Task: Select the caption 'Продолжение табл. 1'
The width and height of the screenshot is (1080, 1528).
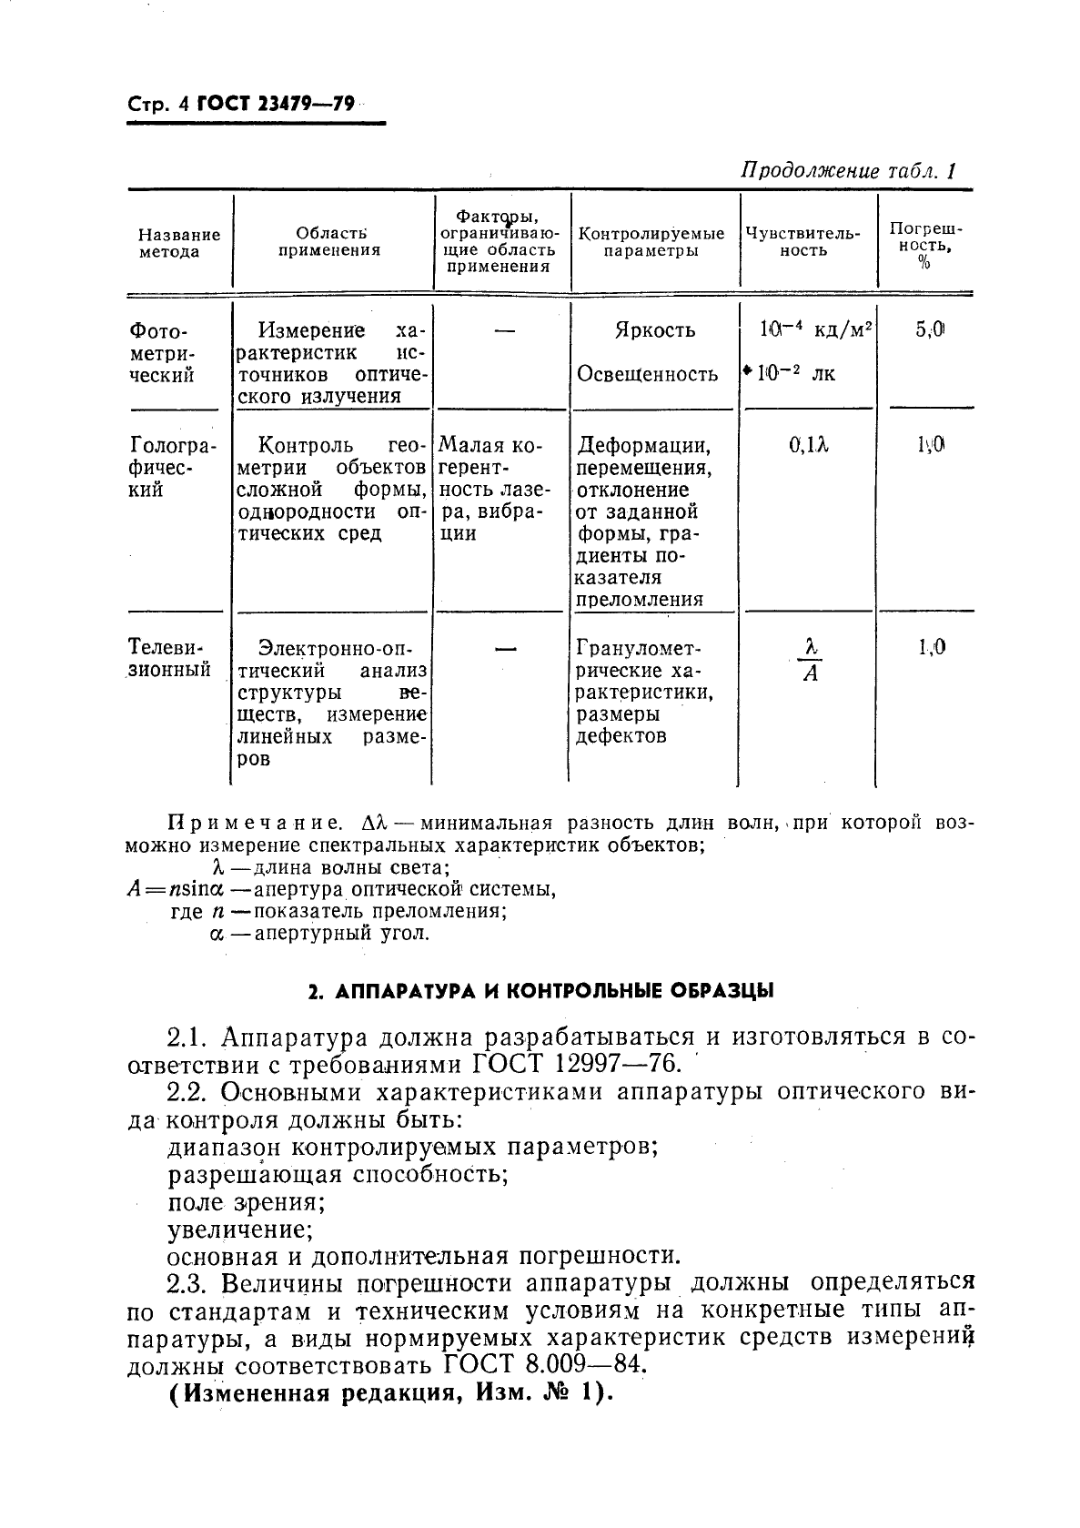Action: coord(849,171)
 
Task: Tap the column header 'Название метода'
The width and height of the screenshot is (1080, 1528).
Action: coord(179,243)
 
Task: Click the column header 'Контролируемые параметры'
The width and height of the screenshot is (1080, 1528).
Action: coord(651,242)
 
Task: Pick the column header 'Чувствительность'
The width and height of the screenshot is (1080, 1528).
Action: coord(802,242)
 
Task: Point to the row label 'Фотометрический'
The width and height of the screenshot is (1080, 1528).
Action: coord(162,352)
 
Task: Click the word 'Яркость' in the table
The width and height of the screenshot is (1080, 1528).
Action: coord(654,330)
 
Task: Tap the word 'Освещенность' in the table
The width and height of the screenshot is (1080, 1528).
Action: coord(648,374)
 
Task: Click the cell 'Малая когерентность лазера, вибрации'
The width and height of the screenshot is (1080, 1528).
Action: coord(491,490)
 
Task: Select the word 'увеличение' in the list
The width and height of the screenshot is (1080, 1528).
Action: coord(240,1230)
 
